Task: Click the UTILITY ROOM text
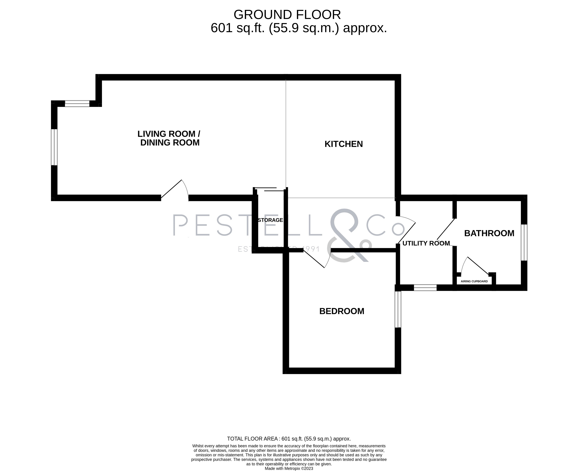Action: click(x=426, y=243)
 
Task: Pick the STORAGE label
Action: click(x=270, y=220)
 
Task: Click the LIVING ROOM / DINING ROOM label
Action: click(x=169, y=138)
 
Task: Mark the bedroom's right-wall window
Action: click(x=398, y=309)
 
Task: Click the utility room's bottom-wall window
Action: click(x=425, y=288)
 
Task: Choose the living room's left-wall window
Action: click(x=54, y=147)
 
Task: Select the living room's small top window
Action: click(x=77, y=104)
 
